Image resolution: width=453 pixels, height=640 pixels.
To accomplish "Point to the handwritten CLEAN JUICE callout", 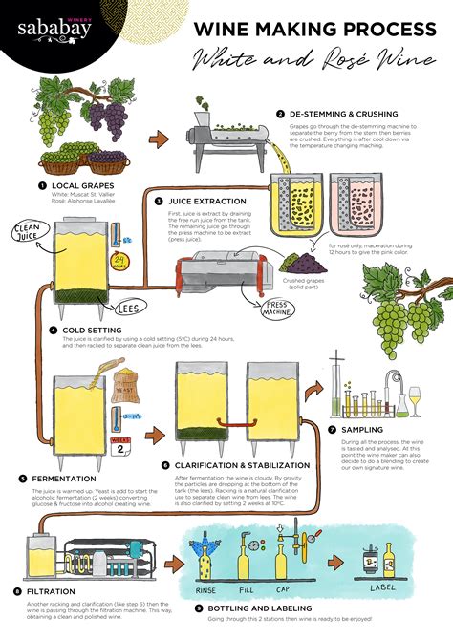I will pos(25,229).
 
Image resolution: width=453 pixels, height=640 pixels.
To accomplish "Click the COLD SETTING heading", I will pos(92,330).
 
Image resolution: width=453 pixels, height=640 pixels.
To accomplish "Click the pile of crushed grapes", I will pos(303,261).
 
